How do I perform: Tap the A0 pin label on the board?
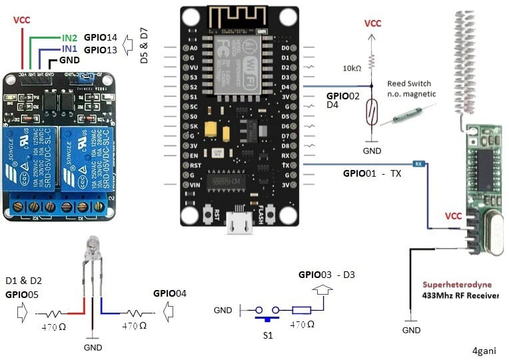coord(194,48)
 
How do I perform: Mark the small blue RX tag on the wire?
coord(418,164)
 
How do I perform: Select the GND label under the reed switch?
coord(372,151)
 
